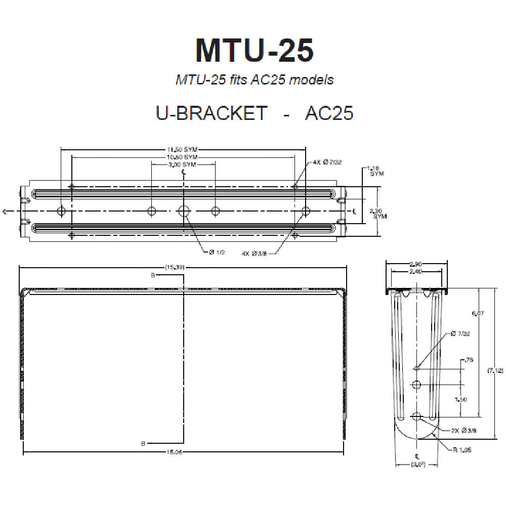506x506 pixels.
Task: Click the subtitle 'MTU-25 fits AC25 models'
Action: pyautogui.click(x=254, y=79)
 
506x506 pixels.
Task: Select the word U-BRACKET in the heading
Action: pyautogui.click(x=211, y=112)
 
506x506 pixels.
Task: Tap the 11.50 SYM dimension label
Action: pyautogui.click(x=182, y=150)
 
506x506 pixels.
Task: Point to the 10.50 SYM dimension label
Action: pyautogui.click(x=182, y=157)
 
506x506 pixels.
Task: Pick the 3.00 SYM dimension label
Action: pyautogui.click(x=182, y=165)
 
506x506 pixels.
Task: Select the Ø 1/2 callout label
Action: pyautogui.click(x=217, y=251)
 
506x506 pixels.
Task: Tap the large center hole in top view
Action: pyautogui.click(x=184, y=211)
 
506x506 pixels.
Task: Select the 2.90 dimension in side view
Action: pyautogui.click(x=416, y=264)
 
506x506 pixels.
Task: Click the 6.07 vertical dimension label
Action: pyautogui.click(x=478, y=314)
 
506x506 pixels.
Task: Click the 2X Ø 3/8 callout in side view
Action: pyautogui.click(x=464, y=431)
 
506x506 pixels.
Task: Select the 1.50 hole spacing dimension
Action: pyautogui.click(x=460, y=399)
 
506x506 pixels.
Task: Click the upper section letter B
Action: pyautogui.click(x=152, y=276)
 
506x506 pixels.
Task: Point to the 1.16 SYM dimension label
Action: pyautogui.click(x=374, y=170)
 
